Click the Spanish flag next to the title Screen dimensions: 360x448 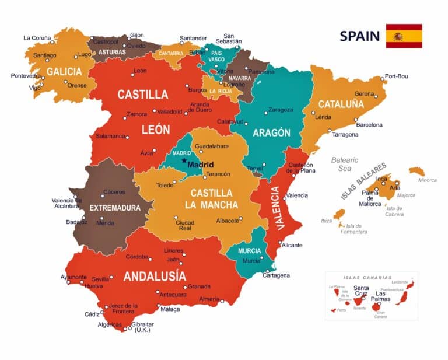tap(404, 36)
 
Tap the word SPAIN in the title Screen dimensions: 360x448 tap(359, 36)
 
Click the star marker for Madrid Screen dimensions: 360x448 tap(184, 160)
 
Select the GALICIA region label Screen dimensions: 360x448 tap(64, 72)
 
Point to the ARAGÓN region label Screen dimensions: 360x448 tap(271, 132)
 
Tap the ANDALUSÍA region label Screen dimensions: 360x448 tap(155, 276)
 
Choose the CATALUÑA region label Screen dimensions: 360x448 tap(341, 104)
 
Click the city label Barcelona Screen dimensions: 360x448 tap(369, 125)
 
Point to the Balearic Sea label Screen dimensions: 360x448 tap(345, 164)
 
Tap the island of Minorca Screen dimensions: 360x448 tap(416, 172)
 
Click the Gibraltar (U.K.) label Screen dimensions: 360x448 tap(142, 327)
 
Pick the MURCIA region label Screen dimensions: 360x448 tap(249, 251)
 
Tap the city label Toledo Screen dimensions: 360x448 tap(165, 186)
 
